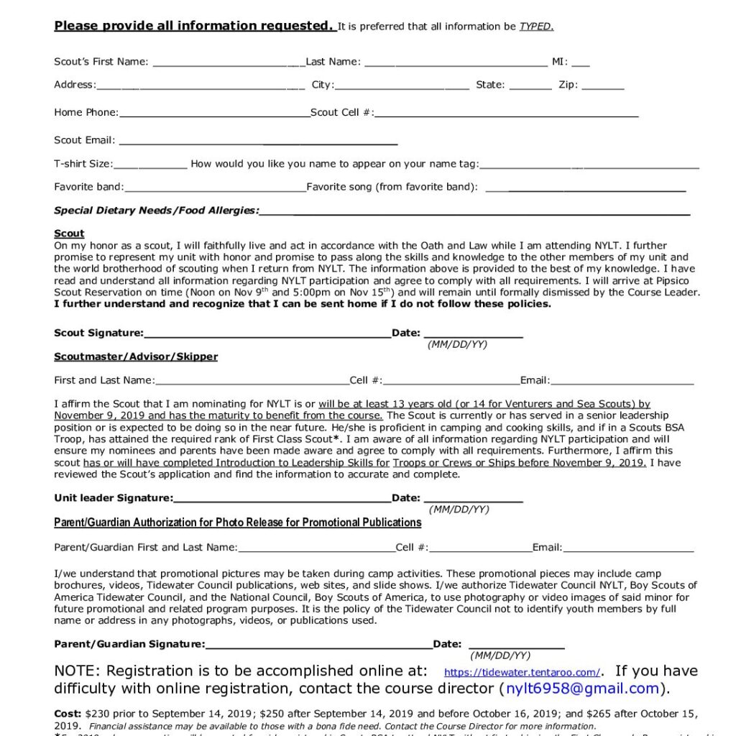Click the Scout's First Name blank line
point(229,63)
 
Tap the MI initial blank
point(581,63)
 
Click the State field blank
point(530,87)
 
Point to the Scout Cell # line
point(506,114)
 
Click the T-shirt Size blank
point(150,166)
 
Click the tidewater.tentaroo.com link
point(522,673)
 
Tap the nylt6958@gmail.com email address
point(582,689)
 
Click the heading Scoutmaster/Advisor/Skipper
point(136,356)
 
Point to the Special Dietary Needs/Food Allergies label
point(156,211)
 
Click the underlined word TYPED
point(535,27)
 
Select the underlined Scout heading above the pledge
point(69,234)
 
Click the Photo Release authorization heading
point(237,523)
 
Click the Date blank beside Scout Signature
point(473,335)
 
